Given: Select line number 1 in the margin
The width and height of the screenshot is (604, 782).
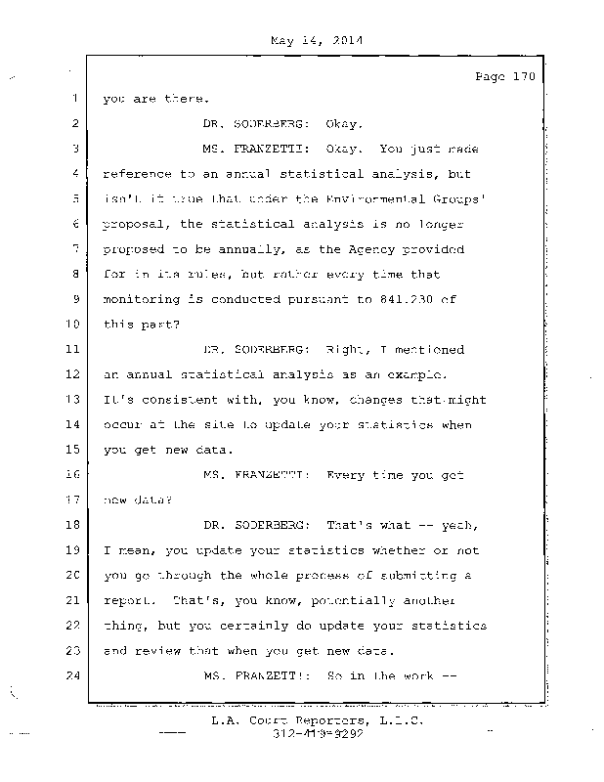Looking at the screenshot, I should pos(74,99).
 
